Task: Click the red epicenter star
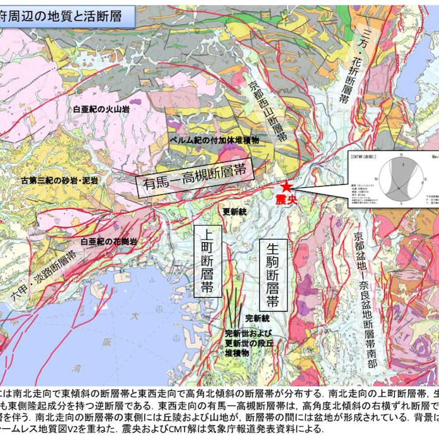pos(287,187)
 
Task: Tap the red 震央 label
pos(286,199)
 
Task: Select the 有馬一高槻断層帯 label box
pos(194,177)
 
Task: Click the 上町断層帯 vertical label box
pos(208,260)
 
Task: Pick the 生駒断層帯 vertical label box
pos(273,275)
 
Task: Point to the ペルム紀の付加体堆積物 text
pos(213,139)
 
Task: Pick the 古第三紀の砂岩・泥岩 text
pos(59,180)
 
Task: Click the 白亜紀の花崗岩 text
pos(108,242)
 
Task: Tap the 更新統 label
pos(232,212)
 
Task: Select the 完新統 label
pos(257,317)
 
